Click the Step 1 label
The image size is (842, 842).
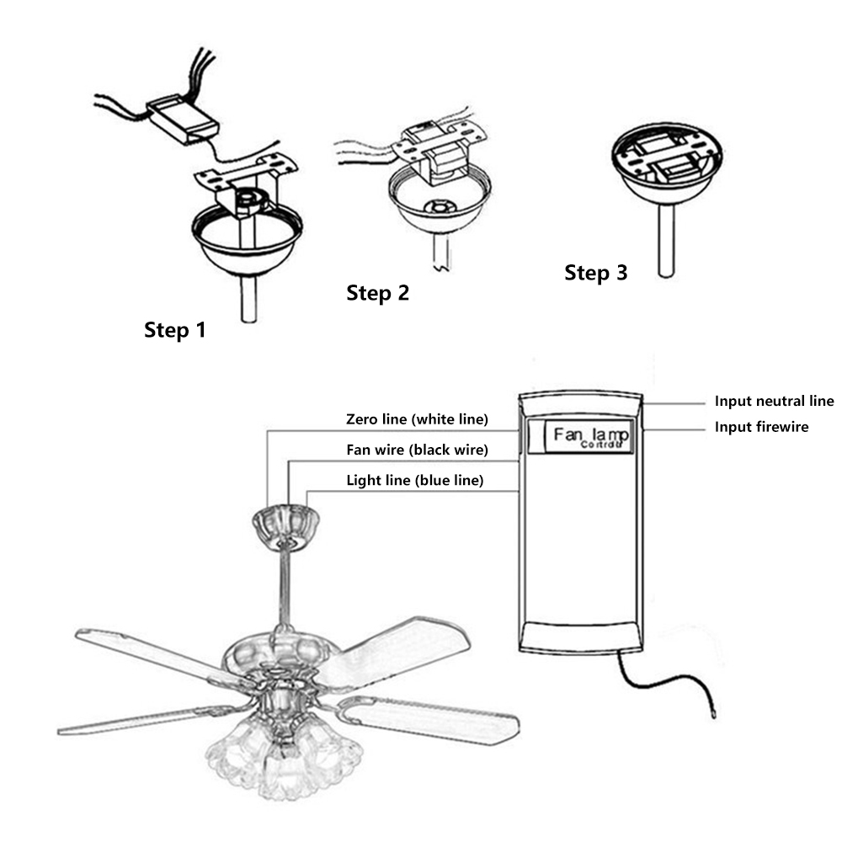[174, 329]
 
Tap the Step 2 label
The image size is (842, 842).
[377, 293]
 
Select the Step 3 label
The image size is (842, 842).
[595, 273]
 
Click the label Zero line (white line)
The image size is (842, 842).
[417, 418]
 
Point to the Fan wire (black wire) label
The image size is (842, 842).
[417, 450]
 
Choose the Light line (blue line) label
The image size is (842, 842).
[415, 481]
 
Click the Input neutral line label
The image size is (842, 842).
[774, 402]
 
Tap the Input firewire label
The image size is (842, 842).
[761, 427]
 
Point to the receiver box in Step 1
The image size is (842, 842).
[184, 117]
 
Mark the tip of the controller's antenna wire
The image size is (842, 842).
[714, 712]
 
